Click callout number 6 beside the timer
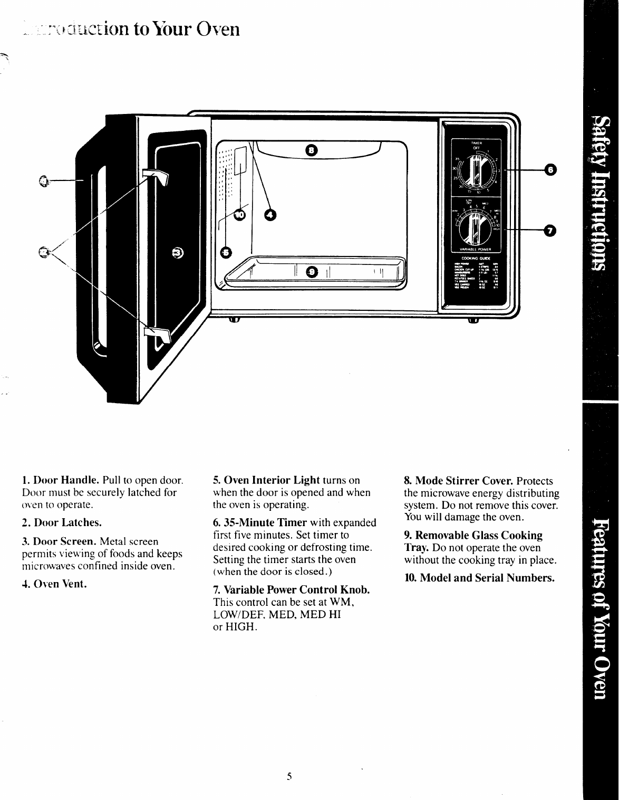pos(550,170)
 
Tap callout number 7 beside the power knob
pos(550,230)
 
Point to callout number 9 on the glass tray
pos(312,272)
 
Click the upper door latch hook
pos(156,177)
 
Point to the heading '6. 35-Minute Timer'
pos(260,522)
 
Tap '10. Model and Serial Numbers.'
pos(479,578)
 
